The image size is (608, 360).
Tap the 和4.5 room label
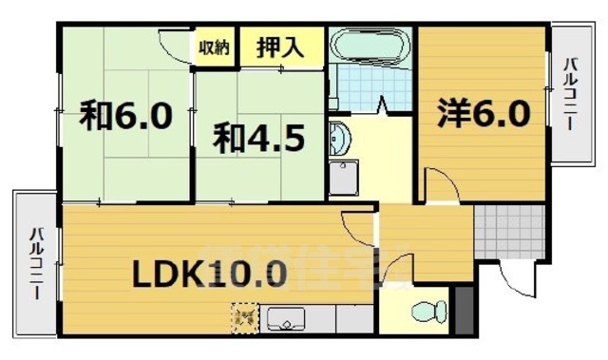tap(257, 140)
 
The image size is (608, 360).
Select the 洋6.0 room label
tap(483, 115)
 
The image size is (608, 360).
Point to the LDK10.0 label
tap(208, 275)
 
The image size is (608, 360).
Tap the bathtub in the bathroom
tap(370, 47)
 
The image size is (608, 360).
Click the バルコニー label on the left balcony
tap(35, 260)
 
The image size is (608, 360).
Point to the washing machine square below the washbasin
tap(345, 178)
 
